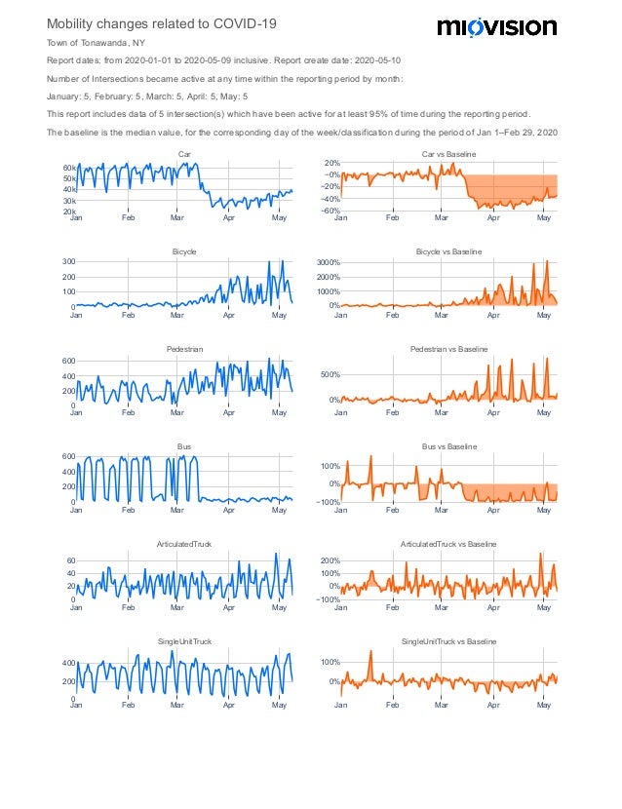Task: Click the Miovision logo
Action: pos(496,27)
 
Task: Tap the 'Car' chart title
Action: pos(184,154)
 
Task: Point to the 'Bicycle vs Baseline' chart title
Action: pos(448,251)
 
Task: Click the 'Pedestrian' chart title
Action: pos(184,349)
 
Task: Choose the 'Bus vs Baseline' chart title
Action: pos(448,446)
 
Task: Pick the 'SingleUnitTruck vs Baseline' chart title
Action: pos(448,641)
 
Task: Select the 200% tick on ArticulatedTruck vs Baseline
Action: pos(327,561)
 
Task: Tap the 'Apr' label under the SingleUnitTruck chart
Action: pos(229,705)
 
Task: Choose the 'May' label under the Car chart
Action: pos(280,217)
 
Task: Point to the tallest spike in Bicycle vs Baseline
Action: pos(547,261)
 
